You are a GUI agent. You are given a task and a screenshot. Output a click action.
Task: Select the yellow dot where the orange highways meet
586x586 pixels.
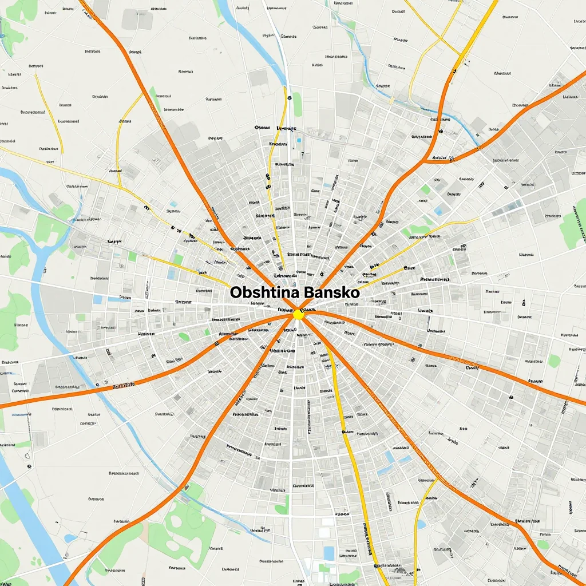click(x=298, y=314)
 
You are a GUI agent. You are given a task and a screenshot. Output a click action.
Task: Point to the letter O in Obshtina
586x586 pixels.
click(x=236, y=292)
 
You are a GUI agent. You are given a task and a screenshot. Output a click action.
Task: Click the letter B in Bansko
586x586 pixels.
click(x=310, y=292)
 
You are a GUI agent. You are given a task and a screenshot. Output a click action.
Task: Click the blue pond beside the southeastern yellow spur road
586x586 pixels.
click(x=422, y=524)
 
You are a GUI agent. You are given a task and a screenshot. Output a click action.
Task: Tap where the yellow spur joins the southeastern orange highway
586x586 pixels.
click(x=438, y=478)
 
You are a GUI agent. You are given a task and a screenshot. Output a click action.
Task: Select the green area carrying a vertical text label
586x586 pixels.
click(x=575, y=226)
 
